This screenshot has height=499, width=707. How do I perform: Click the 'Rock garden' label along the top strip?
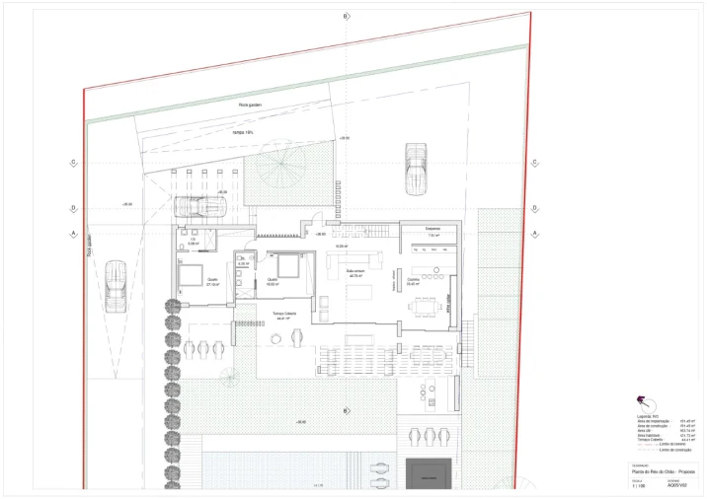249,104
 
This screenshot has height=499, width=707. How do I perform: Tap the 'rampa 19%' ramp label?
243,131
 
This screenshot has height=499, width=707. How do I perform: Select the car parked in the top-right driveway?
416,168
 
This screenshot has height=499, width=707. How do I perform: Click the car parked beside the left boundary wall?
116,284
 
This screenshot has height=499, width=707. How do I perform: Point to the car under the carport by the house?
200,207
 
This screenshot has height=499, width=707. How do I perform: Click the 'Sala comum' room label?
355,274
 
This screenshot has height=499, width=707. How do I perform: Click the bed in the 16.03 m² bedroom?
289,265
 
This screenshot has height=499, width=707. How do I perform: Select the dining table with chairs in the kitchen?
428,305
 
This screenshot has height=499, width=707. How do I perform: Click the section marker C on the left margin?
74,163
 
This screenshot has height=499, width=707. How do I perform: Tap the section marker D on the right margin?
534,208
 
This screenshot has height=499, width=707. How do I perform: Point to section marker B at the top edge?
346,17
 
